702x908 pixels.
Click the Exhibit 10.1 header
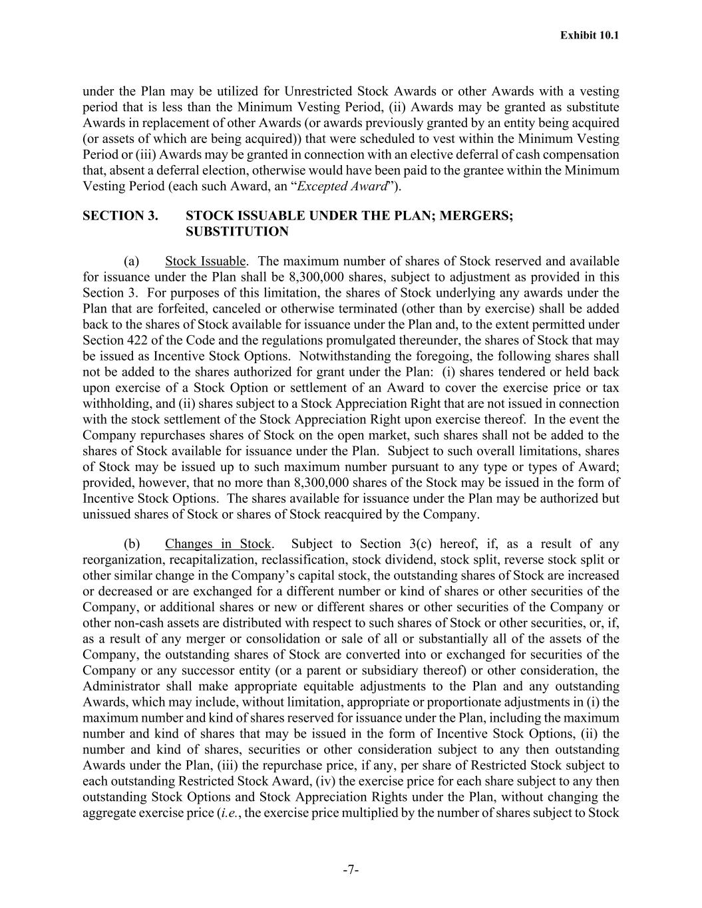click(x=589, y=35)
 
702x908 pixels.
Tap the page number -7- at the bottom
click(x=351, y=869)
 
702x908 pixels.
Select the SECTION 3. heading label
click(x=120, y=216)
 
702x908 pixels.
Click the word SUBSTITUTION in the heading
click(x=237, y=232)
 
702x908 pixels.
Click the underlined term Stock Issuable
click(x=206, y=261)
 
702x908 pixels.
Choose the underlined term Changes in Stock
click(x=218, y=544)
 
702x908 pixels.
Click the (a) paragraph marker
click(x=131, y=261)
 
